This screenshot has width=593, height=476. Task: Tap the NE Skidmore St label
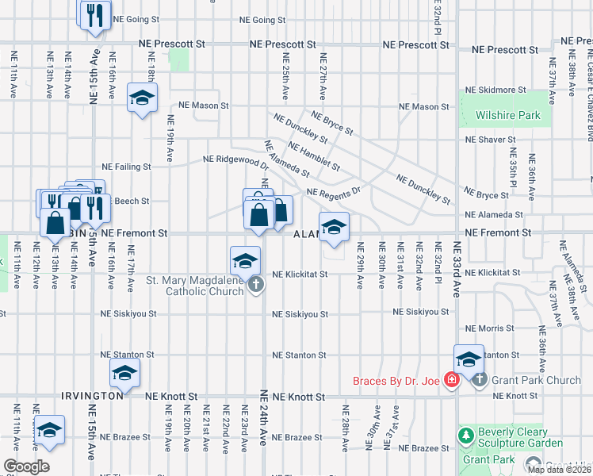click(x=495, y=90)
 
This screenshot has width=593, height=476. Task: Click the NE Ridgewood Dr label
click(x=235, y=161)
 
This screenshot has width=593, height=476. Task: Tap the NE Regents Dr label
click(x=333, y=192)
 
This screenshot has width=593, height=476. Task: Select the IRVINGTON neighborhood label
click(x=92, y=395)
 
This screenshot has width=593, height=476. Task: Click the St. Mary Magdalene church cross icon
click(x=255, y=285)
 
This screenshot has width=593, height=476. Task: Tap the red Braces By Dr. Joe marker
click(x=451, y=381)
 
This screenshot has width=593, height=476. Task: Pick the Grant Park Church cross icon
click(x=479, y=381)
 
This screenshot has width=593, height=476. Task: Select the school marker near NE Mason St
click(x=143, y=98)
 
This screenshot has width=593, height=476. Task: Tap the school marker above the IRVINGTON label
click(x=124, y=373)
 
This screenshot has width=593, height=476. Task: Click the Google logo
click(x=26, y=466)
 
